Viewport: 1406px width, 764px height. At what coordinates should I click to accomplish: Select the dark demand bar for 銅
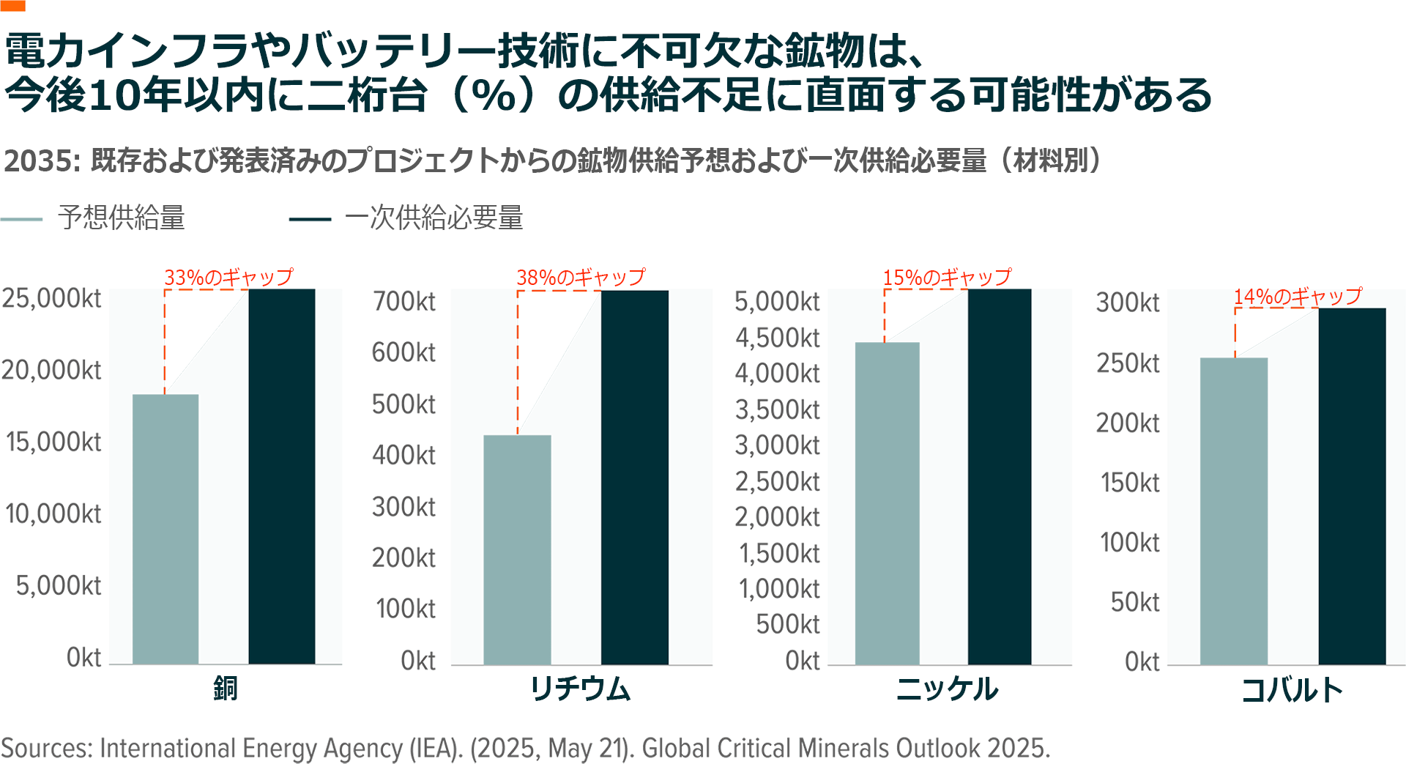tap(282, 476)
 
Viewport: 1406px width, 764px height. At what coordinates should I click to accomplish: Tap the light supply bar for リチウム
tap(517, 549)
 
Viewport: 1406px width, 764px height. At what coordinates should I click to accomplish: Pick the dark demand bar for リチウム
tap(635, 477)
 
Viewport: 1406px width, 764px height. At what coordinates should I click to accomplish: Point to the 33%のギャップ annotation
tap(228, 278)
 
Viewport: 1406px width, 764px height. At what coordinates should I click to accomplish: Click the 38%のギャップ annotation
tap(581, 278)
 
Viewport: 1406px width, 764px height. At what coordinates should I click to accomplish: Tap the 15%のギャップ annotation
tap(947, 278)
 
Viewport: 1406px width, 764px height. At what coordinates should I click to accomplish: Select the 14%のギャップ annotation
tap(1298, 297)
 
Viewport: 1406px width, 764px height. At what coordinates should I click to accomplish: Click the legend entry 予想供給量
tap(122, 218)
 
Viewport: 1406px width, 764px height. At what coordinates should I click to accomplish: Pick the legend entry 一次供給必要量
tap(434, 218)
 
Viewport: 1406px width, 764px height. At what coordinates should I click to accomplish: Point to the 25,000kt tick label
tap(51, 299)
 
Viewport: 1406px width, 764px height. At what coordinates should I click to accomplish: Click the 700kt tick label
tap(404, 301)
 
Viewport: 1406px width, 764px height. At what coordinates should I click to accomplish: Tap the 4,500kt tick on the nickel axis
tap(778, 338)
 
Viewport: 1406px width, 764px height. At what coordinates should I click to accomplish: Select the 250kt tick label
tap(1128, 363)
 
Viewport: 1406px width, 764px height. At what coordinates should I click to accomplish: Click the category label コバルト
tap(1292, 690)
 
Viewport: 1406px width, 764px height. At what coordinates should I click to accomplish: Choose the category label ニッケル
tap(947, 689)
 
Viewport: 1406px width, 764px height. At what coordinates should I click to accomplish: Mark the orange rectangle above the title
tap(12, 5)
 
